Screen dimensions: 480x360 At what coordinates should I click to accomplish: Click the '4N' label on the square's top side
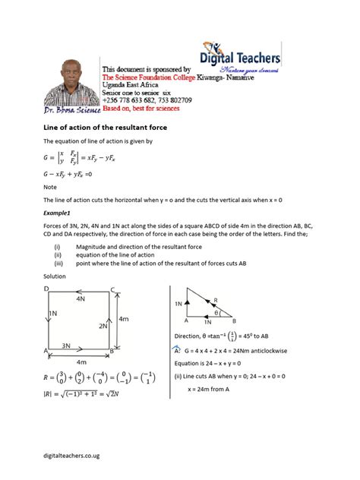[81, 300]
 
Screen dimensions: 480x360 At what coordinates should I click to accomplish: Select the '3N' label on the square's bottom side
[66, 345]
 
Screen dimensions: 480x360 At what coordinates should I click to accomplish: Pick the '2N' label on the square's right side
[103, 325]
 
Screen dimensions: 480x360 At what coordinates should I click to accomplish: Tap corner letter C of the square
[112, 289]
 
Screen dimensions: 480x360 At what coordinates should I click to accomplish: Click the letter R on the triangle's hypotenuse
[216, 299]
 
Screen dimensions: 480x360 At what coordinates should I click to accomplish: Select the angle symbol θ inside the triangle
[216, 312]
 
